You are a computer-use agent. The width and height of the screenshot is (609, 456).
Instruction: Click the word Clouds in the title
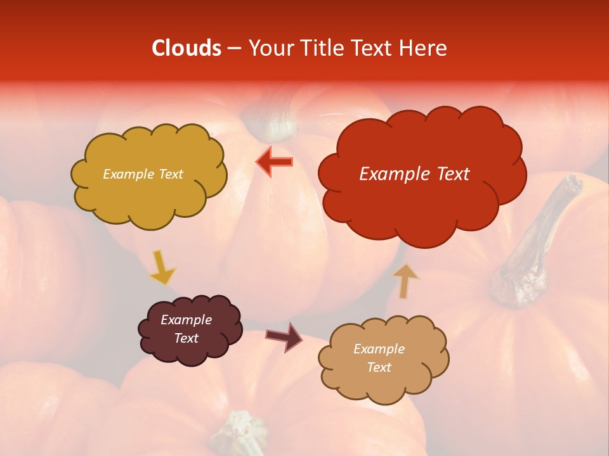(x=187, y=48)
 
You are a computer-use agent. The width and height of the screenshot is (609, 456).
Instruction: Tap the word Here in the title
(x=425, y=48)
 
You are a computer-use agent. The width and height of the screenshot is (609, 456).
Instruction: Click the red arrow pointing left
(x=274, y=162)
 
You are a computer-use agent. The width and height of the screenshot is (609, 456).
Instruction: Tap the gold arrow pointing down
(x=161, y=268)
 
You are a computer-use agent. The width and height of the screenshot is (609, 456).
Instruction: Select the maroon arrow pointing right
(x=284, y=336)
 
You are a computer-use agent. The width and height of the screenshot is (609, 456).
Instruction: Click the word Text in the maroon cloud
(x=187, y=338)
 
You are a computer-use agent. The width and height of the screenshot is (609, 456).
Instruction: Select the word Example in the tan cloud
(x=379, y=349)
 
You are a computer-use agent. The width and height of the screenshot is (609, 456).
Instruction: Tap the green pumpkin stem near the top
(x=273, y=120)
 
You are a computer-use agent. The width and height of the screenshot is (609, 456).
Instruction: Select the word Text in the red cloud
(x=451, y=174)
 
